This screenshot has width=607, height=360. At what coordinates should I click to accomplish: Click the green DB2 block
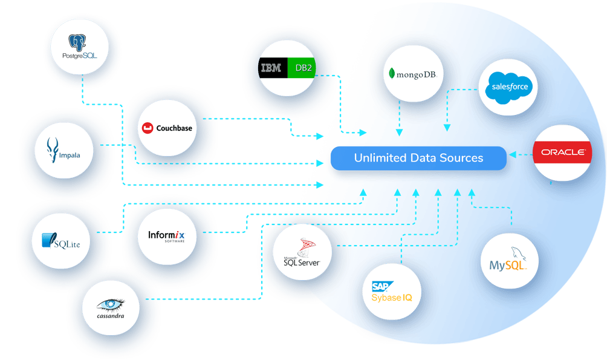tap(302, 68)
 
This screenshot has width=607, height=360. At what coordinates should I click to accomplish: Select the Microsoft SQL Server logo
tap(301, 253)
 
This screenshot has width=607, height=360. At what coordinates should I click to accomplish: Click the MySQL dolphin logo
tap(509, 260)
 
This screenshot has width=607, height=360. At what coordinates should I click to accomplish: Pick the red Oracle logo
tap(562, 152)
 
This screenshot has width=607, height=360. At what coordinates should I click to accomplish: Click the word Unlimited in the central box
tap(380, 158)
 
